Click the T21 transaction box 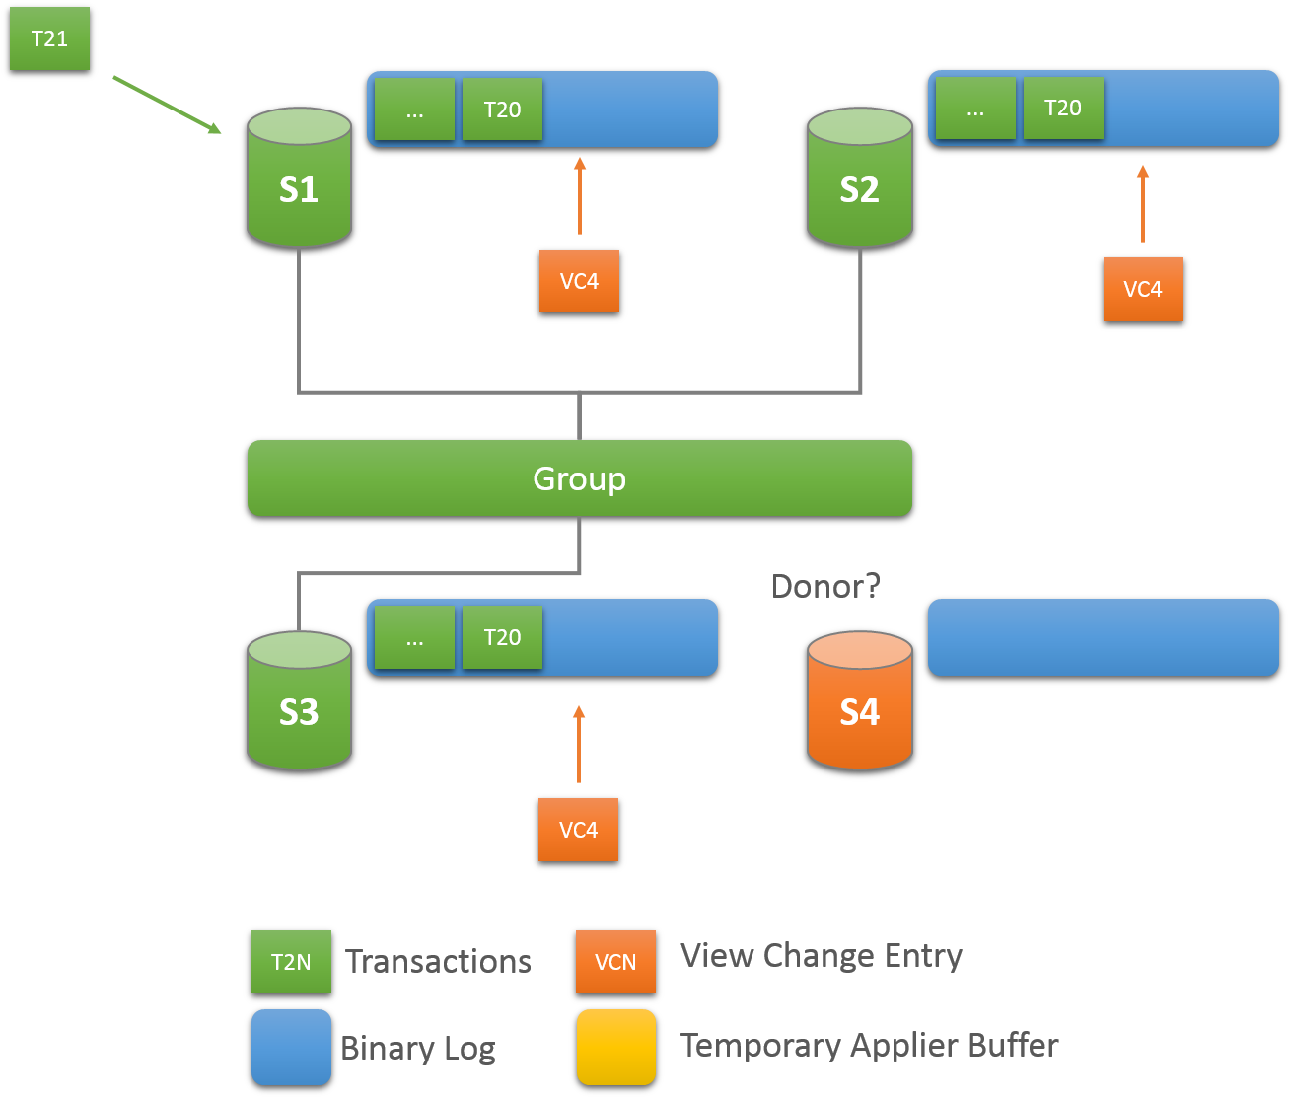point(49,40)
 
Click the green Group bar point(579,478)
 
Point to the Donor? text point(825,587)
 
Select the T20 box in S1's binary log point(502,110)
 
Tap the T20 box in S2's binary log point(1062,109)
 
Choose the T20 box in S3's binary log point(502,637)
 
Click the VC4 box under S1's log point(579,281)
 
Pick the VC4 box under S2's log point(1143,289)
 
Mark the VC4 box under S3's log point(578,830)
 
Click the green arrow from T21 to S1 point(167,104)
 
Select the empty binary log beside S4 point(1103,637)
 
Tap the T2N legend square point(291,962)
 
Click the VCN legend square point(615,962)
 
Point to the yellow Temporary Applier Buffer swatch point(615,1047)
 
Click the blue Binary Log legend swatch point(291,1047)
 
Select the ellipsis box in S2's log point(975,109)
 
